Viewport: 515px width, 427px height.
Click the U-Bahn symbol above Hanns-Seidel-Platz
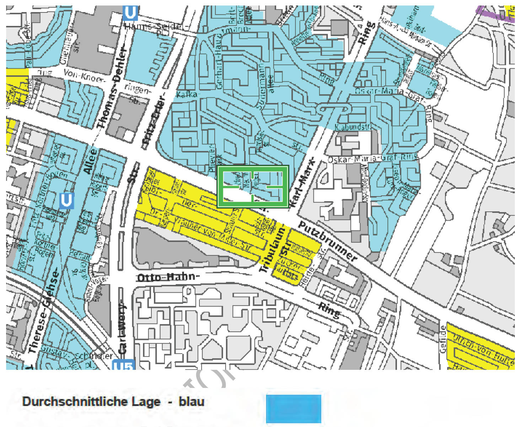tap(130, 13)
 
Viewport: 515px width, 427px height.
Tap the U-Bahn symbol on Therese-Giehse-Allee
tap(66, 200)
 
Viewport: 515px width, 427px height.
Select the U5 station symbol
tap(124, 365)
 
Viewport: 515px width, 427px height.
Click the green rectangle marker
tap(252, 187)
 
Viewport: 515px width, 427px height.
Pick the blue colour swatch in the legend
tap(293, 409)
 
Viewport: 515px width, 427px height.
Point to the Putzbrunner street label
tap(327, 242)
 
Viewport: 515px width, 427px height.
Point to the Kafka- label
tap(186, 95)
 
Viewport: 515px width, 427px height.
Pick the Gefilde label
tap(443, 339)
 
